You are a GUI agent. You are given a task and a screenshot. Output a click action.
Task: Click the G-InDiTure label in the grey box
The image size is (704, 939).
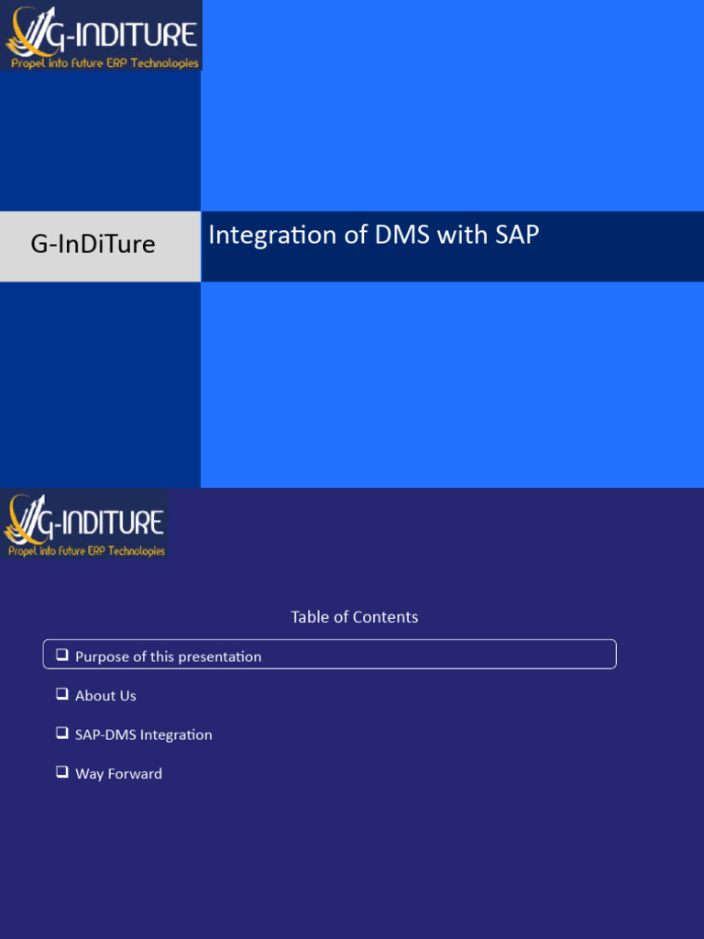[93, 244]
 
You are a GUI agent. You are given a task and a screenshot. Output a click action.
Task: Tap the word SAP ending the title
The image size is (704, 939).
[517, 236]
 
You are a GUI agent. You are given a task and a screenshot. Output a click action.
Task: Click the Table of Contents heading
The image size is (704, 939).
[354, 617]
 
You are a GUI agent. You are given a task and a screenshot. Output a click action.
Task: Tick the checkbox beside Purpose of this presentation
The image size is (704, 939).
[62, 655]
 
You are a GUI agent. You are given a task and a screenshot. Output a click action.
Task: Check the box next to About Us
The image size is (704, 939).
[62, 694]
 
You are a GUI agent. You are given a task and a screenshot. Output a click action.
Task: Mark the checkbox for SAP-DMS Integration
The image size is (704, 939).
[62, 733]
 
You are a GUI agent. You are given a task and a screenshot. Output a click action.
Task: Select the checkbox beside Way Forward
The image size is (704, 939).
[62, 772]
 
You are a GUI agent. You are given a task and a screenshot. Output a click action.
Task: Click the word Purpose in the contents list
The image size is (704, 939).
[102, 657]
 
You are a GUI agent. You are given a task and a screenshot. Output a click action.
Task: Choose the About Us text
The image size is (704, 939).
[105, 696]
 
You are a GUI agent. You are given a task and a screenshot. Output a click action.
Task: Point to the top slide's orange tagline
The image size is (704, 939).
[104, 63]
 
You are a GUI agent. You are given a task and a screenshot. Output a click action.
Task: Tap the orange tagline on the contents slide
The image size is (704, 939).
[87, 551]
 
